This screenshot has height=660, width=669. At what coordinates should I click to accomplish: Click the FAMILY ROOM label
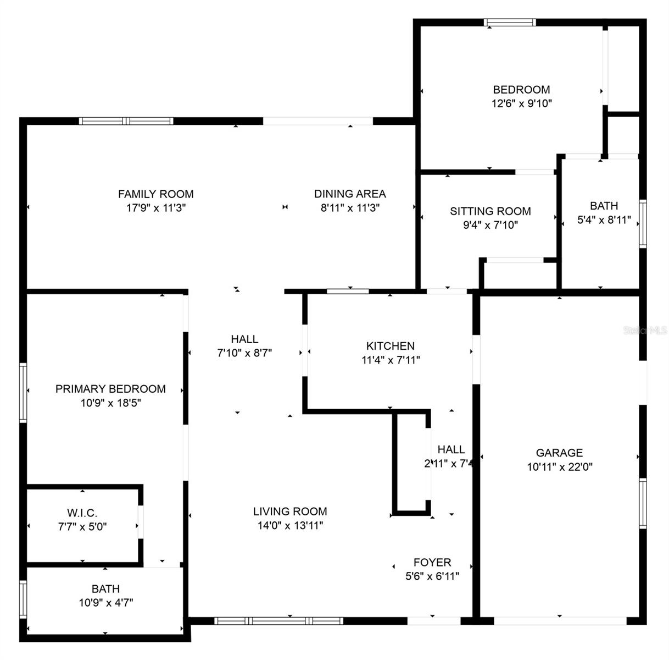pos(155,194)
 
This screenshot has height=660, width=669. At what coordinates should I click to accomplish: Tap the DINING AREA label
pos(350,194)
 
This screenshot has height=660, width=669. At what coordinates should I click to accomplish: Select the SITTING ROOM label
pos(490,211)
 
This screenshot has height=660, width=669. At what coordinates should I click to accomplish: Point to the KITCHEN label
pos(391,346)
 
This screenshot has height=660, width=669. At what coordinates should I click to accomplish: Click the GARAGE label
pos(559,453)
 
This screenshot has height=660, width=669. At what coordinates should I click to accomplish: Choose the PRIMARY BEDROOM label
pos(110,389)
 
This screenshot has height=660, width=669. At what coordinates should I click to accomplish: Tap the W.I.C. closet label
pos(82,513)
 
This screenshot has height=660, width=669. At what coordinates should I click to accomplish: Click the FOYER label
pos(432,562)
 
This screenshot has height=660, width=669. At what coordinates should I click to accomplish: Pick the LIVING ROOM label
pos(290,512)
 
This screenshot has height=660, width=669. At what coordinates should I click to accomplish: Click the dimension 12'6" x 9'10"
pos(521,103)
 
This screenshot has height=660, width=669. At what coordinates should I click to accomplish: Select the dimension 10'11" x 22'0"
pos(560,467)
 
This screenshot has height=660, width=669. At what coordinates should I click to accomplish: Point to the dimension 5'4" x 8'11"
pos(604,220)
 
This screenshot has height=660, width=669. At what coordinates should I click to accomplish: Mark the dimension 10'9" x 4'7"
pos(106,602)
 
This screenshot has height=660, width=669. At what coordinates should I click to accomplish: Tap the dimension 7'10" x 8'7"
pos(244,353)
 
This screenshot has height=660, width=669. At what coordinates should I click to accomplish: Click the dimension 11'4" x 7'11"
pos(391,360)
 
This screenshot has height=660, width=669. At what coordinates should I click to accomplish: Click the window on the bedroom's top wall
pos(509,23)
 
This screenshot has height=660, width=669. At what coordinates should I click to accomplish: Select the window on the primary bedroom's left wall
pos(23,392)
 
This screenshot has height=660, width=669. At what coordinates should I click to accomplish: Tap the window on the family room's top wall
pos(126,121)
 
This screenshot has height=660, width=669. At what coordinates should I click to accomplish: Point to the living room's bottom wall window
pos(278,621)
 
